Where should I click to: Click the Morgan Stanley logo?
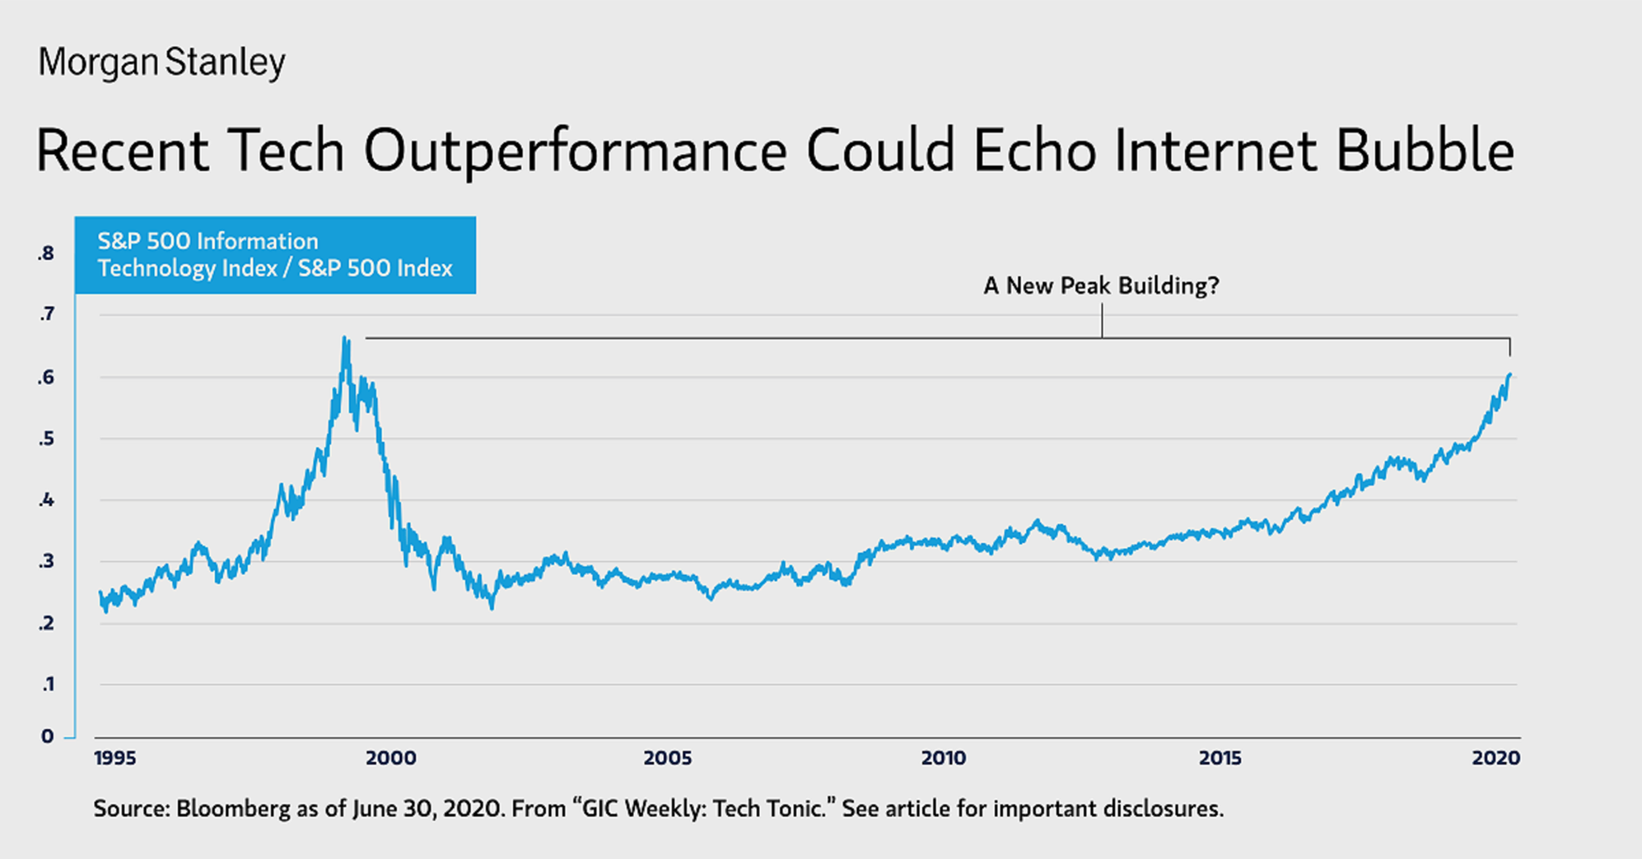[162, 63]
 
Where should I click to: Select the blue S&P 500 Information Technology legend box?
[275, 255]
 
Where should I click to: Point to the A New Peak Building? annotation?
[1101, 286]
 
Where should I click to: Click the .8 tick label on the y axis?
[46, 254]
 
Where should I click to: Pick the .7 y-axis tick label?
[46, 314]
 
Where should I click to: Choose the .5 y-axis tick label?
[46, 439]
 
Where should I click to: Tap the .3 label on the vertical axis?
[46, 561]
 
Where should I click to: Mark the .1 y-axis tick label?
[46, 684]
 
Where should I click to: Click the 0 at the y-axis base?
[47, 736]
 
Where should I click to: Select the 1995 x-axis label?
[115, 758]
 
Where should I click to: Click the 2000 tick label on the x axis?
[391, 758]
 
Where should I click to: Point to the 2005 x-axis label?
[667, 758]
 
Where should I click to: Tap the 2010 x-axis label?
[944, 758]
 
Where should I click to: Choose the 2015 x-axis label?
[1219, 758]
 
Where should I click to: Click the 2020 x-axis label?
[1495, 758]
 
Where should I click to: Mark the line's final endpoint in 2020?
[1510, 375]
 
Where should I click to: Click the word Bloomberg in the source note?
[233, 808]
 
